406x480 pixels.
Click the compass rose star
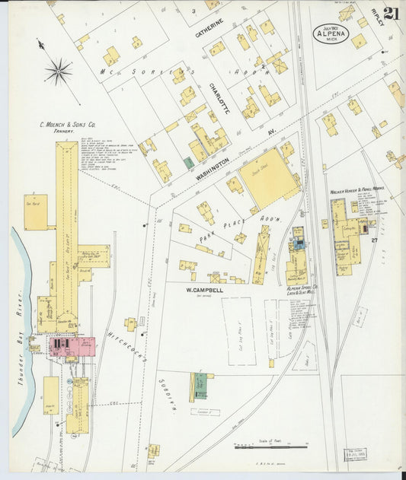58,72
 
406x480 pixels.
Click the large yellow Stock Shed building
270,174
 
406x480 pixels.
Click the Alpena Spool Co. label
302,291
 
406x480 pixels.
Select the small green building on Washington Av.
188,163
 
